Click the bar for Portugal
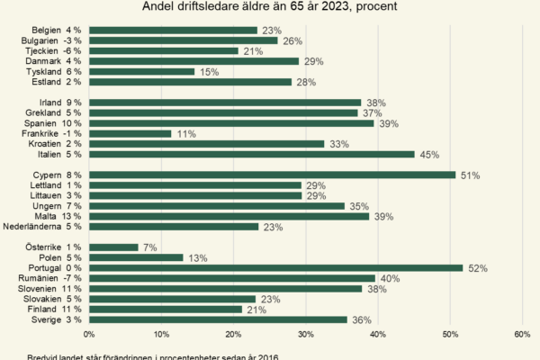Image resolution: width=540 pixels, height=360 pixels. click(275, 267)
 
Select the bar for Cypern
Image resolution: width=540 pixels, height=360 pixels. click(272, 175)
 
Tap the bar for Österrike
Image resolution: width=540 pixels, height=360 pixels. click(113, 247)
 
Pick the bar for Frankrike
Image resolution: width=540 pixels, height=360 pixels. click(130, 133)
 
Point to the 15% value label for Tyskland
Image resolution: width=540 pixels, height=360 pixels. click(207, 71)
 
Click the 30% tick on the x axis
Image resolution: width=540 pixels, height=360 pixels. click(305, 335)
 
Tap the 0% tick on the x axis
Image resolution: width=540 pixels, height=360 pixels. click(89, 335)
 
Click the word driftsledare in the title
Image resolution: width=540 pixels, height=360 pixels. click(211, 7)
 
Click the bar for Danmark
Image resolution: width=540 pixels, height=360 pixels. click(193, 61)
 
